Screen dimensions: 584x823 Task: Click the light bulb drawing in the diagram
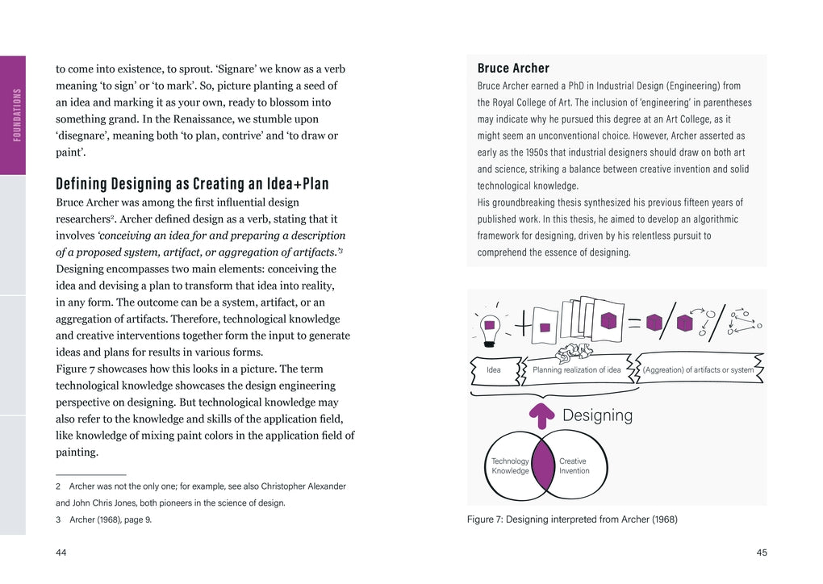click(489, 329)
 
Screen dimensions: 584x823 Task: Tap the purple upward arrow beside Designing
click(542, 415)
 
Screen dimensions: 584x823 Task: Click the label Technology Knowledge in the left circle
click(510, 466)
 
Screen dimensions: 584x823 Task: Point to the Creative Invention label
click(574, 466)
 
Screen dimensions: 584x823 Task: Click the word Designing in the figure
click(597, 415)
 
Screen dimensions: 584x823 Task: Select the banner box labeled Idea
click(493, 370)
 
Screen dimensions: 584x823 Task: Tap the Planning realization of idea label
click(576, 370)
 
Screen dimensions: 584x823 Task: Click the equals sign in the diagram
click(634, 323)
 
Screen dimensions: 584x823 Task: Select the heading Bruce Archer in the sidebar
click(513, 69)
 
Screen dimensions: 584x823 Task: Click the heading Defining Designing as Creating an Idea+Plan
click(192, 184)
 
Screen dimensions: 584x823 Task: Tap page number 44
click(61, 553)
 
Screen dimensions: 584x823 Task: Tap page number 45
click(761, 553)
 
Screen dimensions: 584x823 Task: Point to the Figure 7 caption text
click(572, 519)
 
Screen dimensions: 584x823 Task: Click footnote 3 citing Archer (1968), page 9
click(103, 519)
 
